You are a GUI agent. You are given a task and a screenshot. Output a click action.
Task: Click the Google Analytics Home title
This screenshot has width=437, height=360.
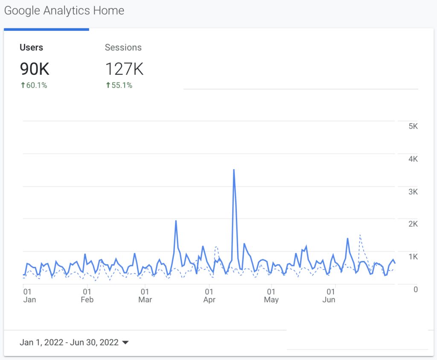(x=64, y=11)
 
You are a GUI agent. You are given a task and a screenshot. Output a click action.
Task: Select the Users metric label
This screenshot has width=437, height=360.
(x=31, y=47)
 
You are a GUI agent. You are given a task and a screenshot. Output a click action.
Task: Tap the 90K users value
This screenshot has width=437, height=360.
(x=35, y=69)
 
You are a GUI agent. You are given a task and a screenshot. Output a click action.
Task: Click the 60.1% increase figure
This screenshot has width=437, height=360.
(x=34, y=85)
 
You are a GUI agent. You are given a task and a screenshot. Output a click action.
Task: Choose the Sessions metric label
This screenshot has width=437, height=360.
(x=123, y=47)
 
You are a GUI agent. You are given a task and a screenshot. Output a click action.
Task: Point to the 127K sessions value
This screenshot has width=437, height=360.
(x=124, y=69)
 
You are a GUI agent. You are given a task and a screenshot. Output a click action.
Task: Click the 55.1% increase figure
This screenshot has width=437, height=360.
(x=119, y=85)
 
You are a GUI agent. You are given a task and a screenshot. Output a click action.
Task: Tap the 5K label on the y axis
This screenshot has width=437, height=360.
(x=413, y=126)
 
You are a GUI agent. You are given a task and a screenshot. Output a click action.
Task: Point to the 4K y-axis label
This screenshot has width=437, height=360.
(x=413, y=159)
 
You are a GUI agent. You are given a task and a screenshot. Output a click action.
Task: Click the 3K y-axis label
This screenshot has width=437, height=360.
(x=413, y=192)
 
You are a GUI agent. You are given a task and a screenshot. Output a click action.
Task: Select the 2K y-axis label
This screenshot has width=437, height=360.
(x=413, y=224)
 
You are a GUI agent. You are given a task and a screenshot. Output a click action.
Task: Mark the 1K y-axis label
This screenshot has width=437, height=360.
(x=413, y=257)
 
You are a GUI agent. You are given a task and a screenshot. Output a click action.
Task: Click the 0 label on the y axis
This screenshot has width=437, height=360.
(x=416, y=290)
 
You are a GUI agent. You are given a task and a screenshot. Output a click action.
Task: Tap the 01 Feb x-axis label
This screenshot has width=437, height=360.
(x=87, y=296)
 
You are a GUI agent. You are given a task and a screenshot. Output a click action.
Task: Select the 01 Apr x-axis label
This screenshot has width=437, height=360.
(x=209, y=296)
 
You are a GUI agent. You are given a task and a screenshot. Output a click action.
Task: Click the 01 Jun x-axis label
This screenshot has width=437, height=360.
(x=329, y=296)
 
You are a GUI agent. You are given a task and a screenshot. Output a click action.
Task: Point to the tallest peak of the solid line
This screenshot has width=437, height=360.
(x=234, y=170)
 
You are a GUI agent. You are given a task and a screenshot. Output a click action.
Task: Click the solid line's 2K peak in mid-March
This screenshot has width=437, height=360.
(x=176, y=221)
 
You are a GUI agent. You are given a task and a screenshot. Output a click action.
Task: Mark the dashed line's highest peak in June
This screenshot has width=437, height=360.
(x=360, y=235)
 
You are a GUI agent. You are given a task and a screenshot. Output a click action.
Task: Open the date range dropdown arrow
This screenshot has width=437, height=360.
(x=125, y=342)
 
